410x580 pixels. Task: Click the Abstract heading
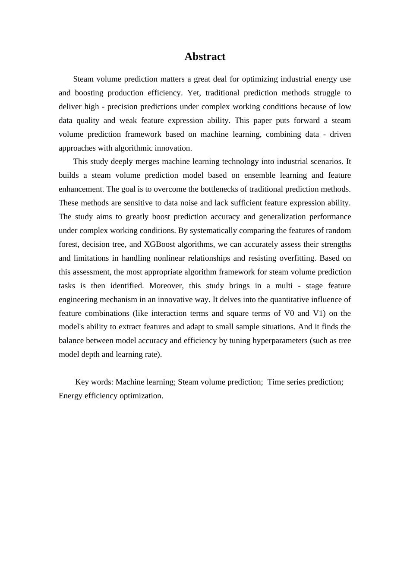click(x=205, y=57)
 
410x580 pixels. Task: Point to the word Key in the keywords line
click(x=82, y=382)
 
